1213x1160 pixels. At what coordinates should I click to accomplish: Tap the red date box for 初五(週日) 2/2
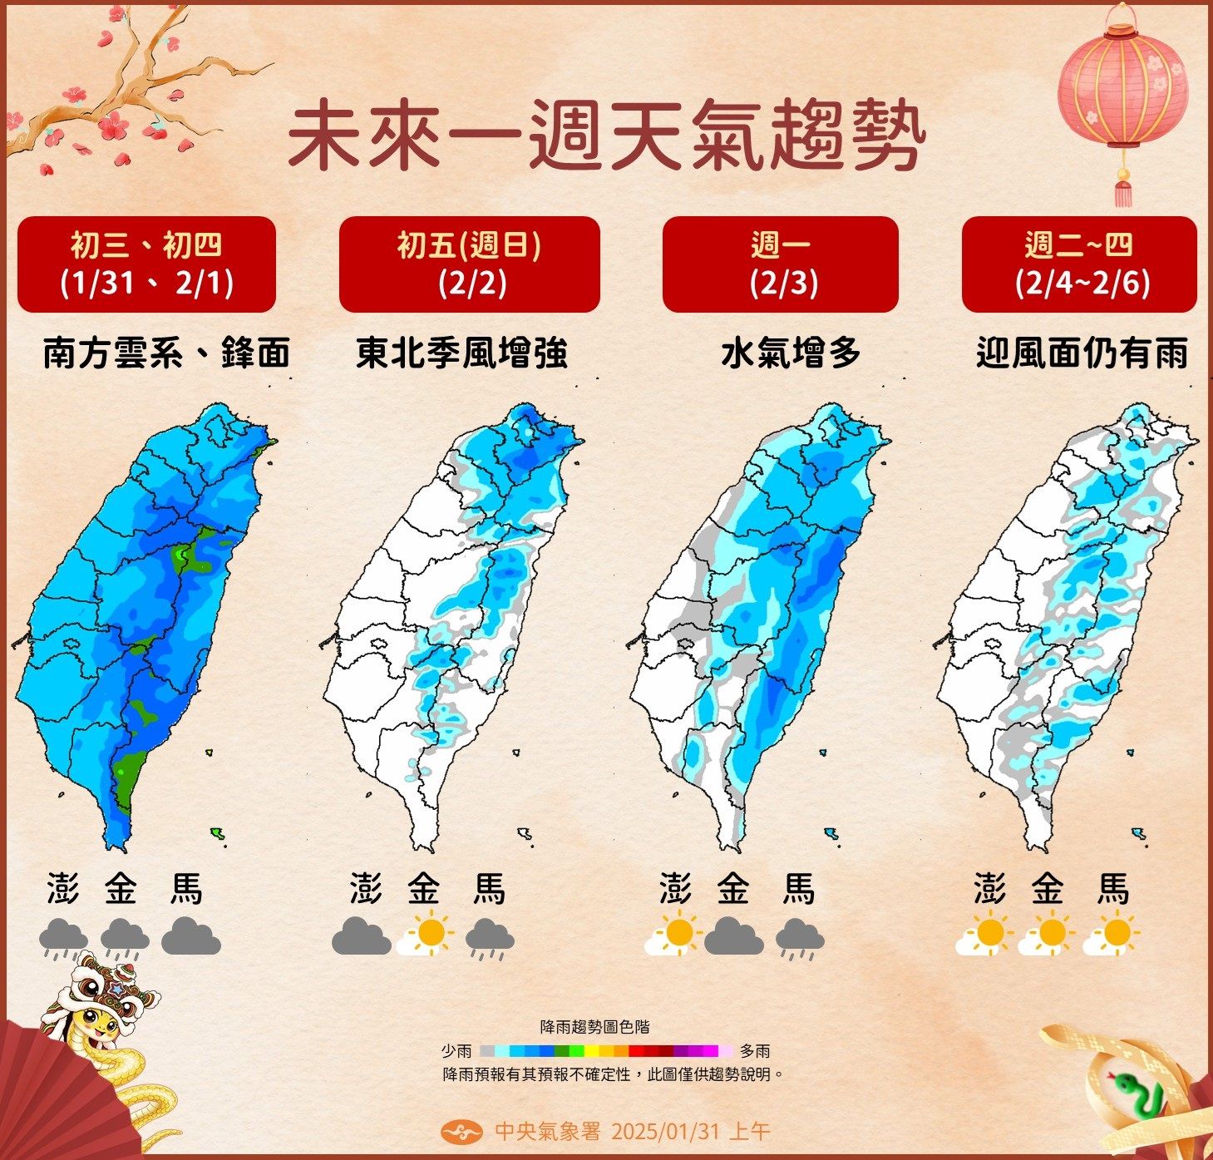tap(469, 264)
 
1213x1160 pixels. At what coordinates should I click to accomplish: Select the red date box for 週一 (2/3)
tap(780, 264)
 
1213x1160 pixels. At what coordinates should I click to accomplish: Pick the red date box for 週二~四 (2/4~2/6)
tap(1078, 264)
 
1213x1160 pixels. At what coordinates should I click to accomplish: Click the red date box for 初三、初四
tap(146, 264)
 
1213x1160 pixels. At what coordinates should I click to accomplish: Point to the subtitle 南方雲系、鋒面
tap(166, 353)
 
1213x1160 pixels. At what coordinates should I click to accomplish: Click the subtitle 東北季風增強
tap(462, 353)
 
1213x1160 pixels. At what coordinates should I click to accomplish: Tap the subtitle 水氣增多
tap(791, 353)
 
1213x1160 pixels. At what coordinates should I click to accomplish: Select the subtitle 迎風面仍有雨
tap(1082, 353)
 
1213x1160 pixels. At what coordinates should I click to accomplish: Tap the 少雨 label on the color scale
tap(456, 1051)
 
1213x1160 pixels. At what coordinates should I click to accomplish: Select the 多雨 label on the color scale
tap(755, 1051)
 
